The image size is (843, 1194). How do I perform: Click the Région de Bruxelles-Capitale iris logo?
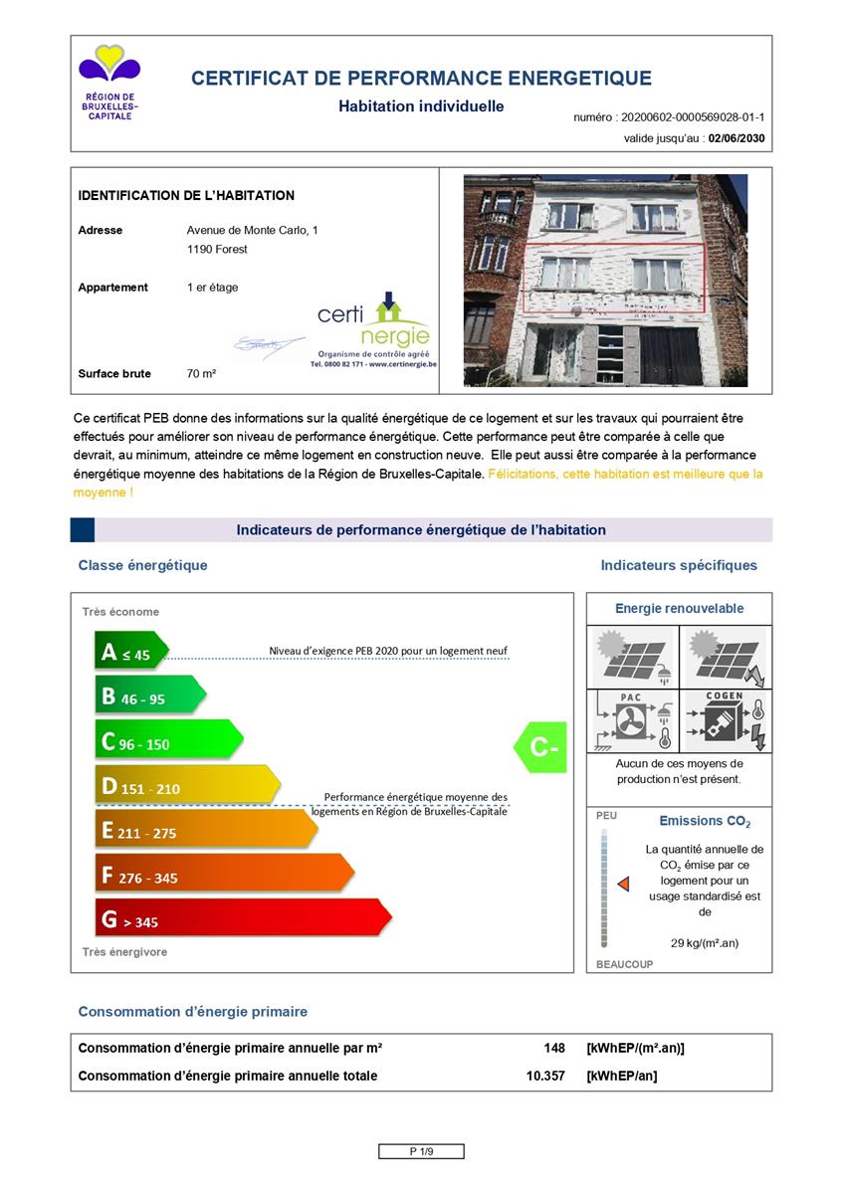click(109, 66)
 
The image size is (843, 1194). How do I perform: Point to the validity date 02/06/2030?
click(737, 139)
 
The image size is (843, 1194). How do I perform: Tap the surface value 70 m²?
click(201, 374)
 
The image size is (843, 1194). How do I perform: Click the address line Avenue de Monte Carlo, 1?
click(253, 230)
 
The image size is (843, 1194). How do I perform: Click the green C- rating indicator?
click(541, 747)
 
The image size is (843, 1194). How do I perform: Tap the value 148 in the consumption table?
click(554, 1048)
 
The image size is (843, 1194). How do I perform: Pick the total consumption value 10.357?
click(545, 1076)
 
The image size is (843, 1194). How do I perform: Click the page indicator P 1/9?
click(421, 1151)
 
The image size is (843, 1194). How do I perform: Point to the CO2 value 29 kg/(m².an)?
click(705, 943)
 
